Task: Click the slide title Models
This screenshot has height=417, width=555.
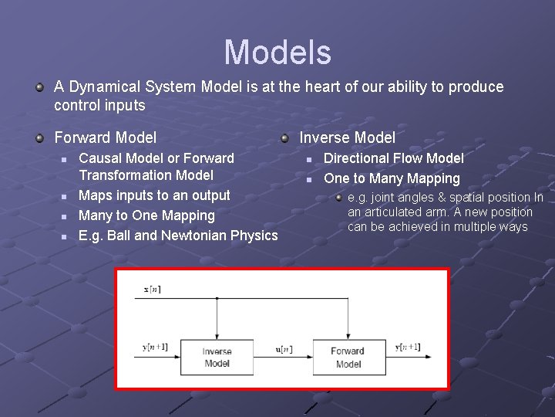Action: (277, 53)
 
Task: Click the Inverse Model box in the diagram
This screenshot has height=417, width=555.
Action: (217, 357)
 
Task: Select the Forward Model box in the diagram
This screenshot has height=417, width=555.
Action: (348, 357)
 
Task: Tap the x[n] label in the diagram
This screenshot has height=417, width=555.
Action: (153, 290)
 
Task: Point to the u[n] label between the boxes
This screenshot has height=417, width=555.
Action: (284, 349)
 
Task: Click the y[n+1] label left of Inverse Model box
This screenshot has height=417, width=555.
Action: (155, 348)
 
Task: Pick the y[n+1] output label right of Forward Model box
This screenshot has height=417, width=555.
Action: (408, 347)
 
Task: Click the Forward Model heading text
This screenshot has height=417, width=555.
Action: (105, 138)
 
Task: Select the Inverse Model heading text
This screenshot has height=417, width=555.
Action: (347, 138)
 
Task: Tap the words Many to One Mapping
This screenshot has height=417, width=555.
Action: (146, 215)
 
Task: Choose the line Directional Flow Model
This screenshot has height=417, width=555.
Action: (393, 158)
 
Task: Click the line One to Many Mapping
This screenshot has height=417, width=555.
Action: (392, 178)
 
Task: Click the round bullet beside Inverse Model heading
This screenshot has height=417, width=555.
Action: (284, 138)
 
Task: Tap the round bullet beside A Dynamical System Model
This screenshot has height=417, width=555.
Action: (39, 87)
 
